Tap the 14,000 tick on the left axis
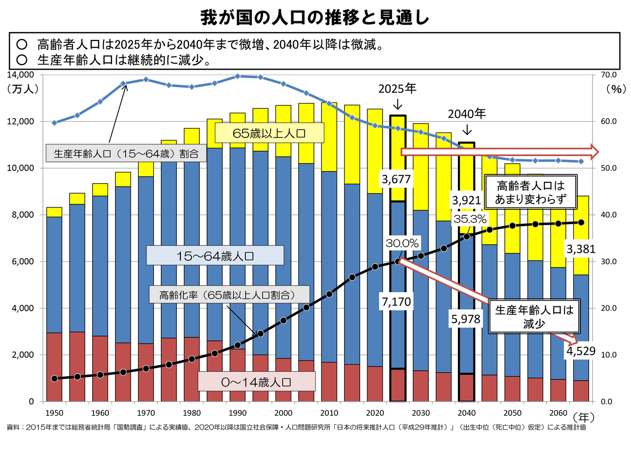tap(21, 75)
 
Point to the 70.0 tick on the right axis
tap(608, 75)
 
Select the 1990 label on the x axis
tap(238, 413)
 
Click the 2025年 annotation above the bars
tap(397, 89)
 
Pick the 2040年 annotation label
tap(466, 114)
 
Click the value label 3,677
tap(396, 179)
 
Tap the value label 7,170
tap(396, 302)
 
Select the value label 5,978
tap(466, 319)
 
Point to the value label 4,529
tap(581, 351)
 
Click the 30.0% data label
tap(402, 243)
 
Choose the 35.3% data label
tap(470, 219)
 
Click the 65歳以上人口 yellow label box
tap(269, 133)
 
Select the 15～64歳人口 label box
tap(215, 256)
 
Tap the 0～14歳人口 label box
tap(256, 382)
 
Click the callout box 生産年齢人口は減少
tap(534, 316)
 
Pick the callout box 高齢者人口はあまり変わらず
tap(530, 192)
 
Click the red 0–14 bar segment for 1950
tap(54, 367)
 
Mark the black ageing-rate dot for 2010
tap(329, 294)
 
